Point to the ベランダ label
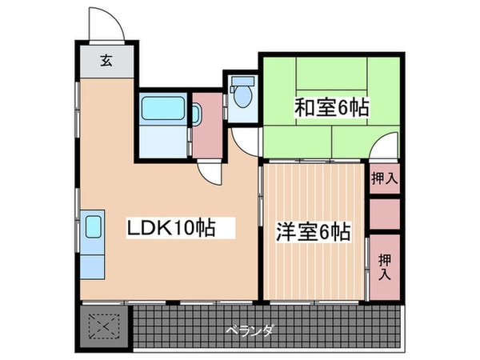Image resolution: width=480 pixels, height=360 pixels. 250,330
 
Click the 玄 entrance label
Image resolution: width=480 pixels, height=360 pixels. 106,59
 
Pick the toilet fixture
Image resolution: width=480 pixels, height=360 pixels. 242,95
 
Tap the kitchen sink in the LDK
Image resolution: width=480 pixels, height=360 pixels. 92,227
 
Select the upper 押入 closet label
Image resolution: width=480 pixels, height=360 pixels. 385,178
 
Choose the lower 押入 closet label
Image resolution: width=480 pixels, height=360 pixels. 385,266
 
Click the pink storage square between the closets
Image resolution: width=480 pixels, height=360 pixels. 385,214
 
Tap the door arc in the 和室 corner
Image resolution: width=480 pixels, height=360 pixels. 385,147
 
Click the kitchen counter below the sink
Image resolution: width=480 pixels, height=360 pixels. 92,260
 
